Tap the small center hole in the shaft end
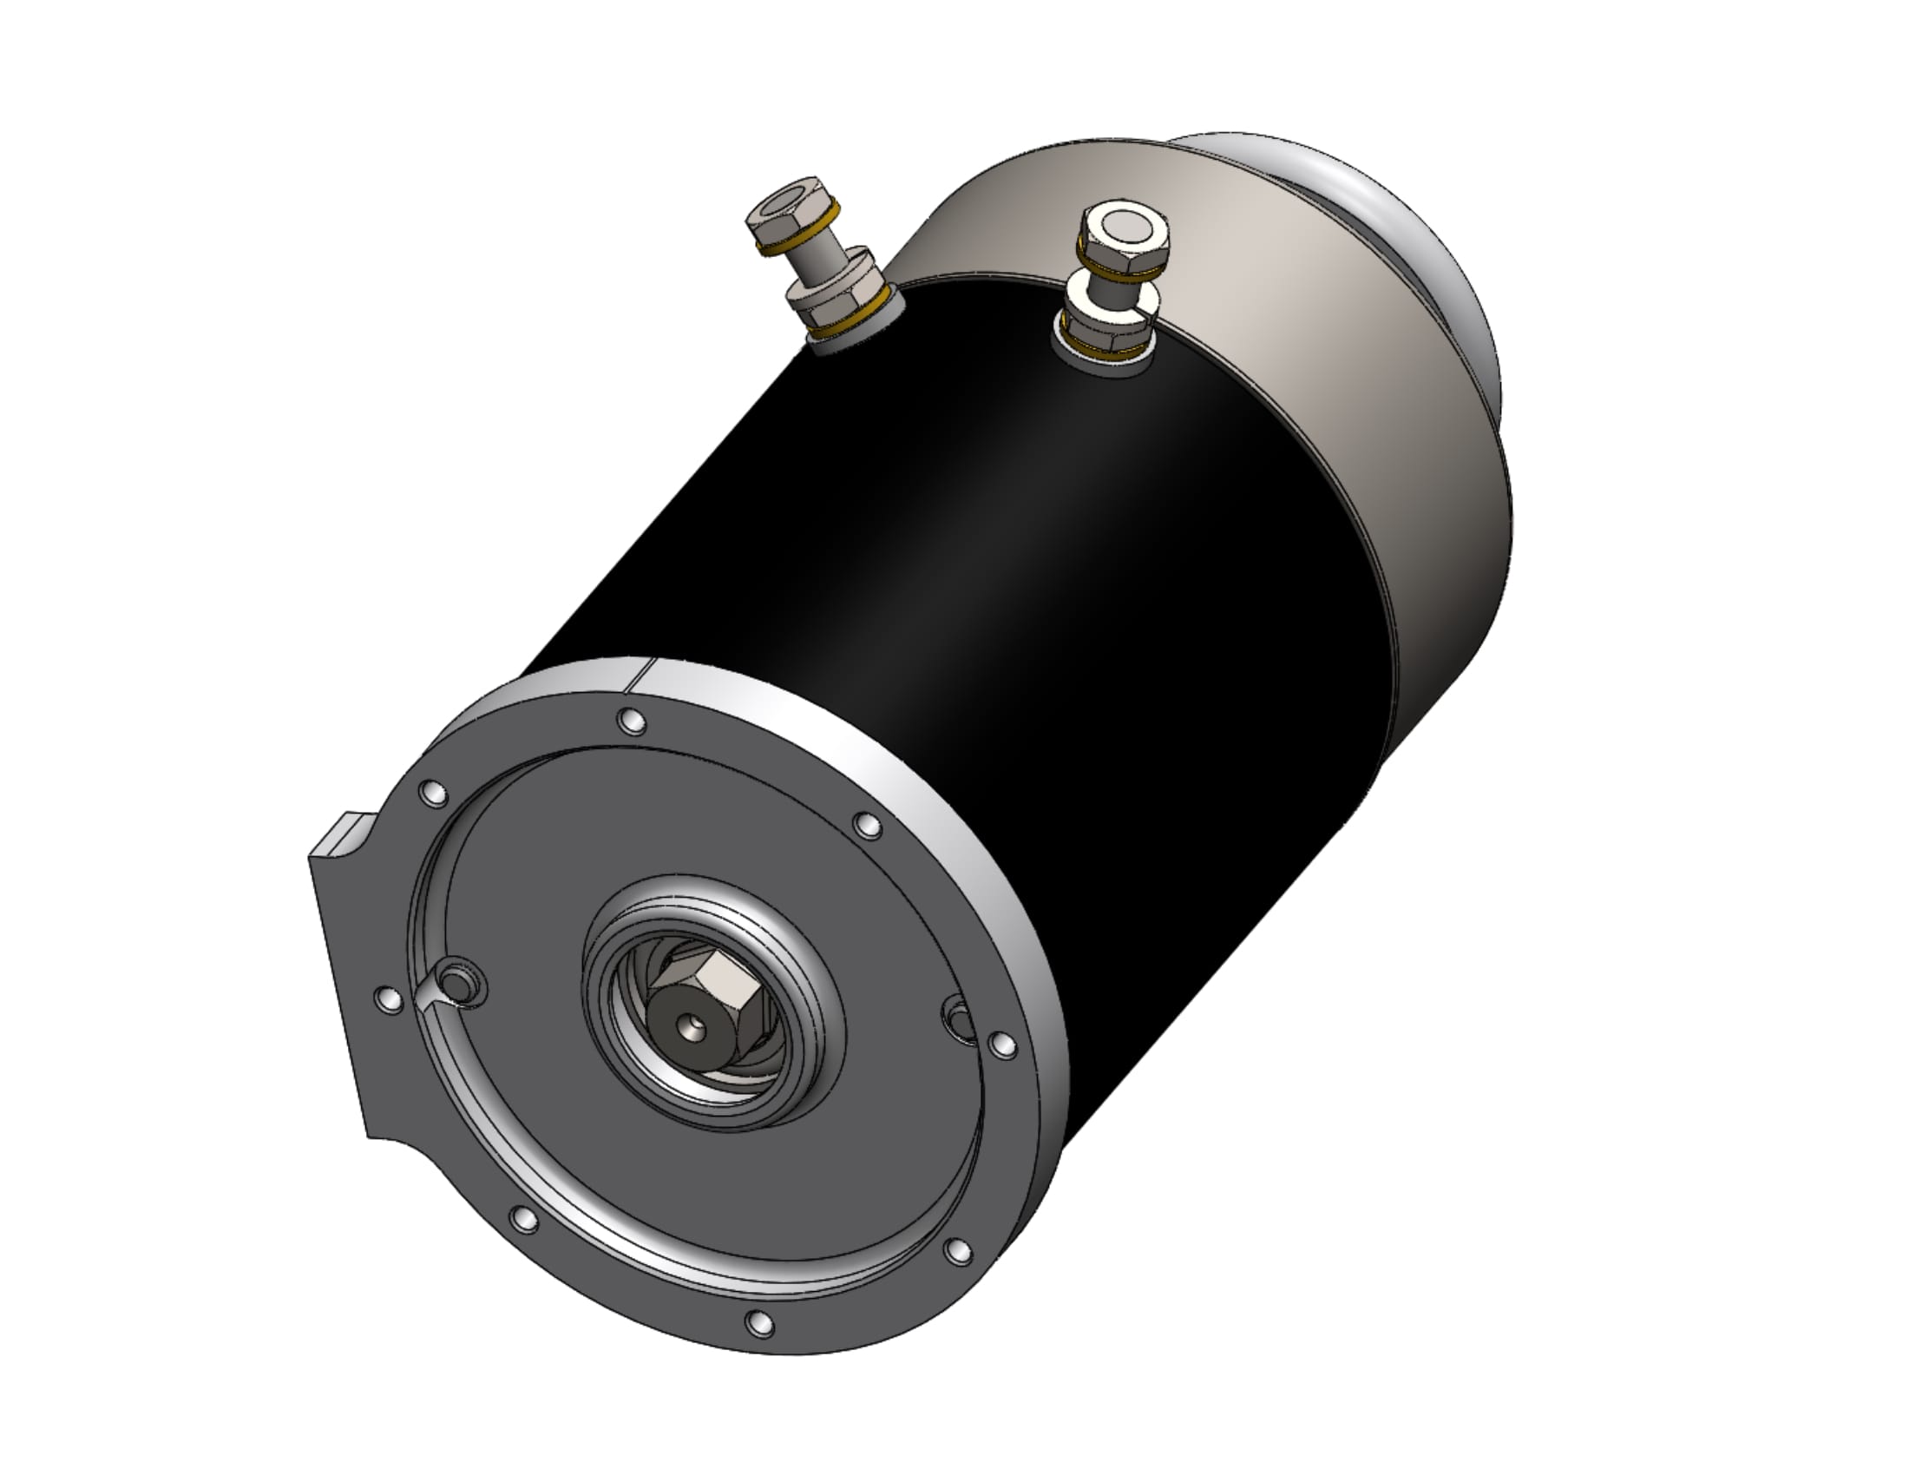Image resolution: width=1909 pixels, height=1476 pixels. click(x=696, y=1025)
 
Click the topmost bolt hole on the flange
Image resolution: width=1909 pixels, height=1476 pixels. click(x=631, y=722)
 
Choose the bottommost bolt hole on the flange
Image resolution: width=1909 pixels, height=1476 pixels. click(x=759, y=1323)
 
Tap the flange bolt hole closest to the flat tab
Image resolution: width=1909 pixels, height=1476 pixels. click(x=388, y=998)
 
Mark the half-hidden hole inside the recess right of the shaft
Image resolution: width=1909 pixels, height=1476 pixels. click(x=960, y=1019)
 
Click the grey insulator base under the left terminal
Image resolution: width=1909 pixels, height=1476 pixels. click(x=848, y=344)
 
